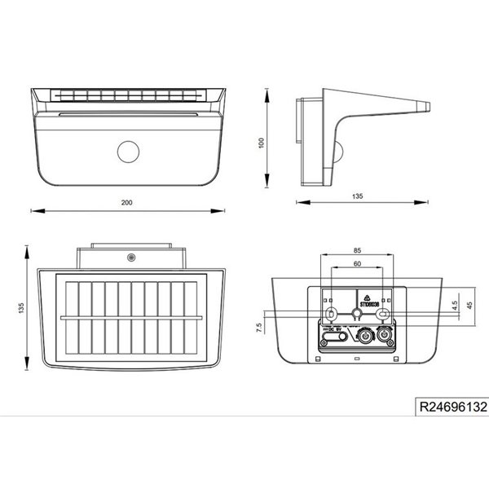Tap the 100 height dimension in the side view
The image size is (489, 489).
(261, 143)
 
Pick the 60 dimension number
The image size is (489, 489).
(357, 264)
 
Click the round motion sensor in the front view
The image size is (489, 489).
(128, 151)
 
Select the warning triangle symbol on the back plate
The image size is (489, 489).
(367, 297)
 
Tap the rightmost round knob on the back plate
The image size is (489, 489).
(383, 335)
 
